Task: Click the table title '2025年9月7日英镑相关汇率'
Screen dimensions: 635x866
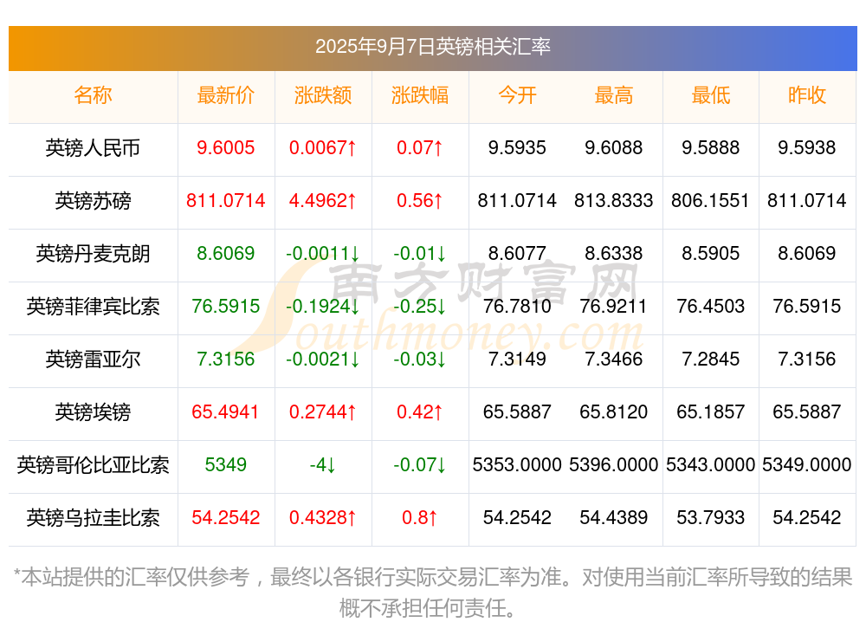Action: coord(433,47)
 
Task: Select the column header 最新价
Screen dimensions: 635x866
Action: coord(226,95)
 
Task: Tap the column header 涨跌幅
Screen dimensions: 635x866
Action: coord(420,95)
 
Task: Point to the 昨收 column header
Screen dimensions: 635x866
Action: coord(807,95)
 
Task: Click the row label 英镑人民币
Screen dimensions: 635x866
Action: coord(93,148)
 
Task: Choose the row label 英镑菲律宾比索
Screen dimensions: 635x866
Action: coord(93,307)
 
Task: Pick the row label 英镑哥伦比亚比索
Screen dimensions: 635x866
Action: coord(93,465)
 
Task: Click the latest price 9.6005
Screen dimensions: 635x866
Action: coord(226,148)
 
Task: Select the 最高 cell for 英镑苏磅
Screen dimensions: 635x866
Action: coord(614,201)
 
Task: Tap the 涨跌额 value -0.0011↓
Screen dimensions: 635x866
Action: coord(323,254)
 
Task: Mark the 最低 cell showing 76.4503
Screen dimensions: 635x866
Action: coord(711,307)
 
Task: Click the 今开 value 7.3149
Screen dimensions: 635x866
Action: coord(517,360)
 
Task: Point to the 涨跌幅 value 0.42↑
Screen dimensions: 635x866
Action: coord(420,412)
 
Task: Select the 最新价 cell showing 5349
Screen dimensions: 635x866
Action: coord(226,465)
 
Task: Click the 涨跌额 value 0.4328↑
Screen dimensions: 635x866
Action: coord(323,518)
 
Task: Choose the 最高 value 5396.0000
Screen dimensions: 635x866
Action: coord(614,465)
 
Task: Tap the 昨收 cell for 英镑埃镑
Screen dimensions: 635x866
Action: coord(807,412)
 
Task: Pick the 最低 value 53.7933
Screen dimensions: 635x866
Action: coord(711,518)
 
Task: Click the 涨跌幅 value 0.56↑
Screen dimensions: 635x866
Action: coord(420,201)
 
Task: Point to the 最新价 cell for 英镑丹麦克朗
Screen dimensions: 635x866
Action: coord(226,254)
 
